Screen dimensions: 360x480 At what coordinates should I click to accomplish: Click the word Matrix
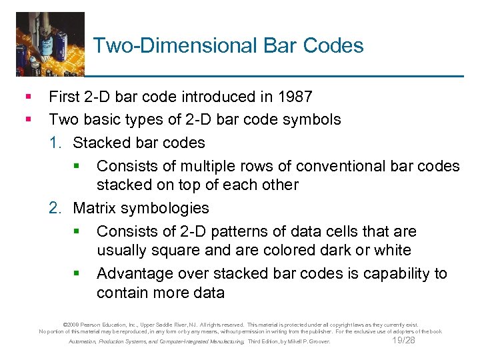[x=93, y=209]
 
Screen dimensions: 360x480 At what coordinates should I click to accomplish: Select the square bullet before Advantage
[x=77, y=274]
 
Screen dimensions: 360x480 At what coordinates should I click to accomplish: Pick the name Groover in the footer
[x=319, y=342]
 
